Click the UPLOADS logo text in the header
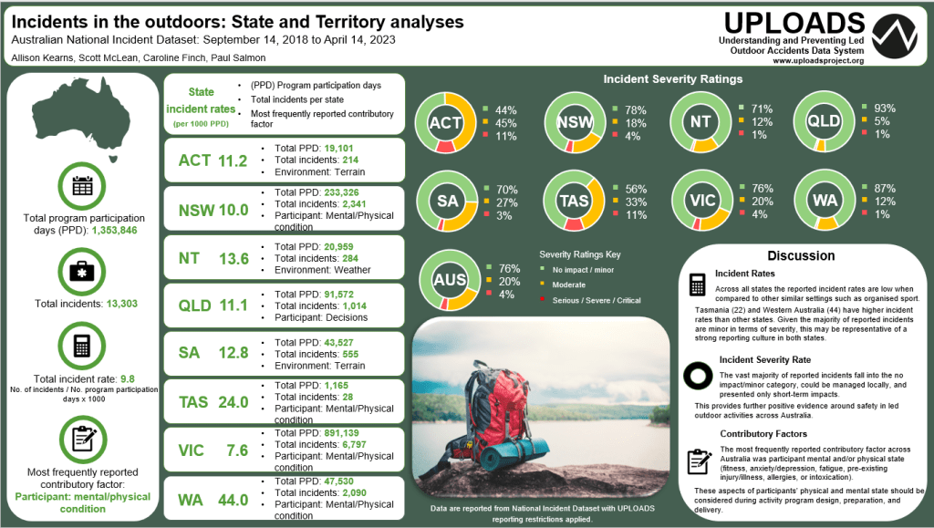tap(792, 24)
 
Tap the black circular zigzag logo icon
tap(894, 36)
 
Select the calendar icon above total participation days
tap(82, 186)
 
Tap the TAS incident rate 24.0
tap(233, 401)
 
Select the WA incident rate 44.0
tap(233, 499)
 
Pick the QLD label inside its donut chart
tap(827, 122)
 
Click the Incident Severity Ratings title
tap(672, 79)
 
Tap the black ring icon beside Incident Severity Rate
tap(699, 375)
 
